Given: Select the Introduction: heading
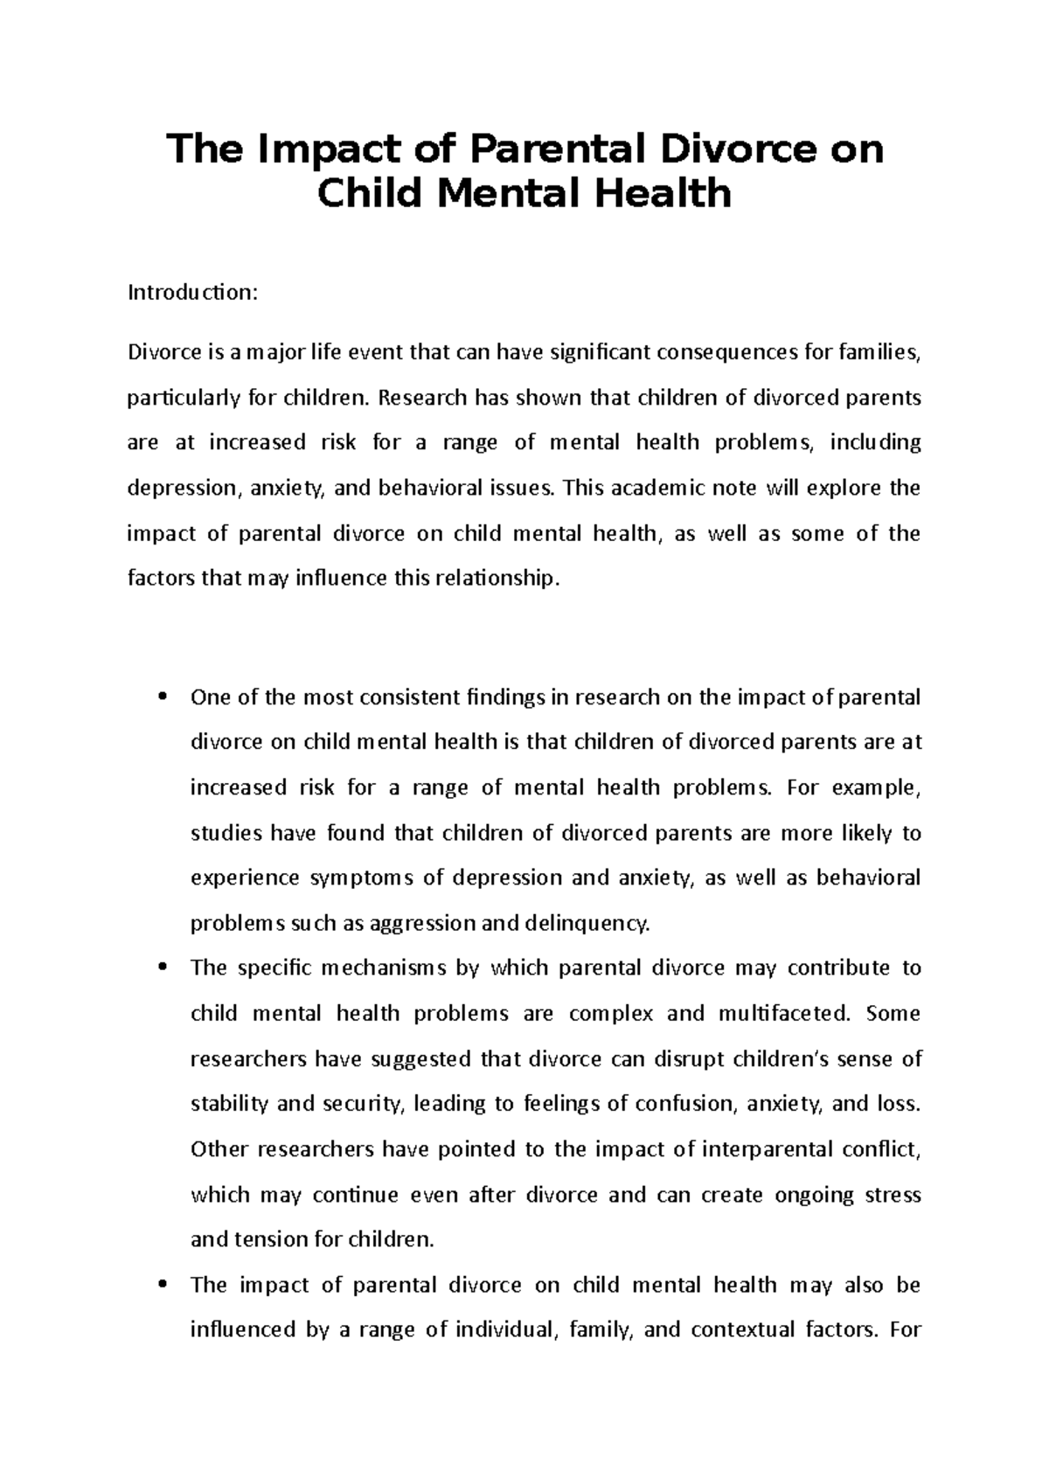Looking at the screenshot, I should point(193,293).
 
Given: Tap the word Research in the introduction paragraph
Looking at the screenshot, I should point(422,399).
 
